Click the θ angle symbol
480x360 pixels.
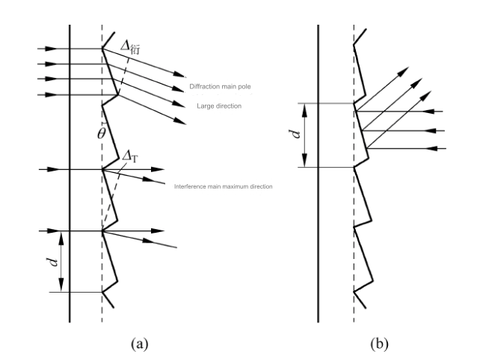(x=102, y=133)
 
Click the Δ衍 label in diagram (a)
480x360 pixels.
(x=130, y=47)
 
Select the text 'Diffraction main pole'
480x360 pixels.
(x=220, y=86)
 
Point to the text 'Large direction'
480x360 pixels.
(x=219, y=106)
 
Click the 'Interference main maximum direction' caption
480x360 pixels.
(x=223, y=186)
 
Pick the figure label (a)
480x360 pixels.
(x=140, y=344)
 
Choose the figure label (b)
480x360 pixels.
(x=379, y=344)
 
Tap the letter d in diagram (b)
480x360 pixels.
(x=295, y=134)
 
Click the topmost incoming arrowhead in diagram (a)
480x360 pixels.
(x=51, y=49)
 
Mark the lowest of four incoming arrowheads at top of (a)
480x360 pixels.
(x=51, y=95)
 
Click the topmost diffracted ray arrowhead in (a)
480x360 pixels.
(x=179, y=74)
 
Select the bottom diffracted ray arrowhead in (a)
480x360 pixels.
(x=179, y=122)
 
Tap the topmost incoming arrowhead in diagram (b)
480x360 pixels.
(x=429, y=112)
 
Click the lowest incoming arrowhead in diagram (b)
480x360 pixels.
(x=432, y=149)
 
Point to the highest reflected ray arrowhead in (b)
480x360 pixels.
(x=404, y=72)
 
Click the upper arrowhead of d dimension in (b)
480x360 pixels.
(x=304, y=110)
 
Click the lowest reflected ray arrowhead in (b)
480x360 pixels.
(x=427, y=96)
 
